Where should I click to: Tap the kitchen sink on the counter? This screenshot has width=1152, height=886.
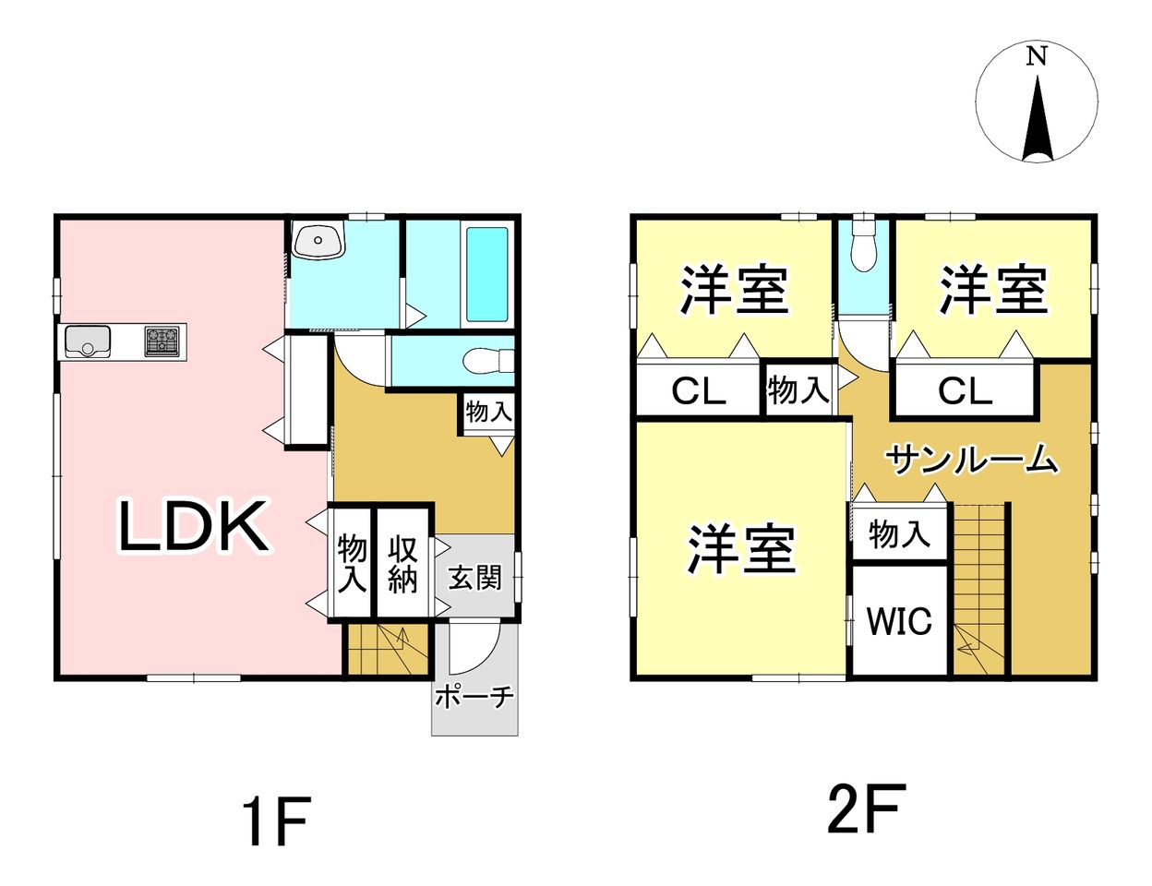pyautogui.click(x=88, y=341)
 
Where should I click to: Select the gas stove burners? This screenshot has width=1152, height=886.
pyautogui.click(x=162, y=341)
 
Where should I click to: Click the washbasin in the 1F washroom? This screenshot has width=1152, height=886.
pyautogui.click(x=318, y=241)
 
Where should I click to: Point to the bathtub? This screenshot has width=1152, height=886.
pyautogui.click(x=487, y=274)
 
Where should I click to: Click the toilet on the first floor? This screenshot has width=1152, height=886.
pyautogui.click(x=488, y=362)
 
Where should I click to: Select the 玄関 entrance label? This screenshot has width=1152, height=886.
pyautogui.click(x=474, y=578)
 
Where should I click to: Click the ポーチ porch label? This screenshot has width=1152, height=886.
pyautogui.click(x=474, y=698)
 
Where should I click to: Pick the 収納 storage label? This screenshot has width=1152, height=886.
pyautogui.click(x=402, y=564)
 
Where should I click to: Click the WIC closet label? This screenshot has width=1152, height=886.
pyautogui.click(x=899, y=620)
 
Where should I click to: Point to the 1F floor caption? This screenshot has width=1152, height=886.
pyautogui.click(x=275, y=828)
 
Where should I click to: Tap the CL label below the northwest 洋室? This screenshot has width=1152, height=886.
pyautogui.click(x=698, y=391)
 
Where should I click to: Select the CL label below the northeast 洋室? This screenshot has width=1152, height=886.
pyautogui.click(x=965, y=391)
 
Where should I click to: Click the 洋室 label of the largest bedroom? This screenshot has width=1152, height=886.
pyautogui.click(x=741, y=549)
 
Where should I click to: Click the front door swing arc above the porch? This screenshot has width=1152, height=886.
pyautogui.click(x=473, y=649)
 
